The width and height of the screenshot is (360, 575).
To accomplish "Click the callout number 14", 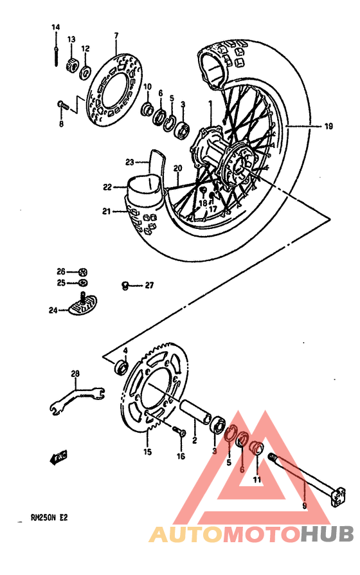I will [x=55, y=27].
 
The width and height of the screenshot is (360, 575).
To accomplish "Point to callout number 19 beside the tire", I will [x=328, y=127].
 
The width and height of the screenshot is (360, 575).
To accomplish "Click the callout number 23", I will [x=129, y=162].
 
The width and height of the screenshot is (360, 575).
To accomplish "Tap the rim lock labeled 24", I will [x=82, y=306].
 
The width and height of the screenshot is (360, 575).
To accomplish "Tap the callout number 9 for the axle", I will [x=304, y=506].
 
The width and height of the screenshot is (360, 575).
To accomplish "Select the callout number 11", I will [x=256, y=480].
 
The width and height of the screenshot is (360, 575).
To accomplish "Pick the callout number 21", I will [x=106, y=210].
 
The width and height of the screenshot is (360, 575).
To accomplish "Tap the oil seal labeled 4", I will [x=120, y=368].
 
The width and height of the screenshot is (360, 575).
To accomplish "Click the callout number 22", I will [x=107, y=187].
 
